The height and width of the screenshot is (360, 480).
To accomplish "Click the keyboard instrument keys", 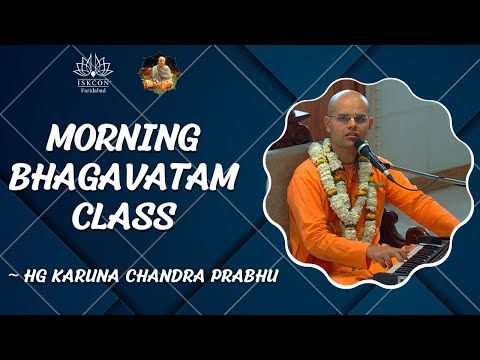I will [x=425, y=250].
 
